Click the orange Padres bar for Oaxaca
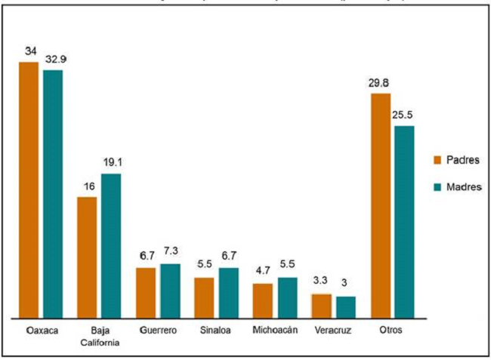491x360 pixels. coord(29,189)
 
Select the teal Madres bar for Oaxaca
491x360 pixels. coord(53,193)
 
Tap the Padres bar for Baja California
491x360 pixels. coord(87,257)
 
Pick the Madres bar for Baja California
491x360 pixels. coord(111,245)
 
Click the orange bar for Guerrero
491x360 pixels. coord(146,292)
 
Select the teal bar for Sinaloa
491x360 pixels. coord(229,292)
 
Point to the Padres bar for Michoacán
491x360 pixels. coord(263,300)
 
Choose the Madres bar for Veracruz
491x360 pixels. coord(345,306)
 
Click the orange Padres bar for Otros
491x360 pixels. coord(380,205)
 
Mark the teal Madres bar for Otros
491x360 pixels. coord(404,221)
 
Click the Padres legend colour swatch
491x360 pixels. coord(437,159)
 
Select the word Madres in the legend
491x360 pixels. coord(463,186)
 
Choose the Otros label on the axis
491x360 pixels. coord(391,331)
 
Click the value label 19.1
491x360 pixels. coord(112,162)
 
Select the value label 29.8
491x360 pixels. coord(379,82)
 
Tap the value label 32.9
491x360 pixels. coord(54,57)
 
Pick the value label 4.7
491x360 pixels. coord(262,272)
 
